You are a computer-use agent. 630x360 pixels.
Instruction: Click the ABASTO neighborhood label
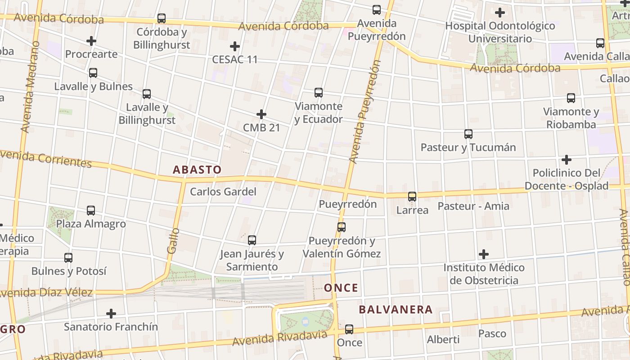(197, 170)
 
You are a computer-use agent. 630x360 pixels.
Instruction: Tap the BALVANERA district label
(396, 310)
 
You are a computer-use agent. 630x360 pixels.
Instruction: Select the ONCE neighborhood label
(341, 288)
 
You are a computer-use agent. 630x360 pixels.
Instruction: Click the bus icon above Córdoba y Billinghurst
(162, 18)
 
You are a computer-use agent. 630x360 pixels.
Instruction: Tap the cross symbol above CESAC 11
(234, 46)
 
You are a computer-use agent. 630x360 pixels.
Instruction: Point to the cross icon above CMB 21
(261, 114)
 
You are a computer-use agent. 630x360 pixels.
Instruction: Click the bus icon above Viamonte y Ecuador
(319, 93)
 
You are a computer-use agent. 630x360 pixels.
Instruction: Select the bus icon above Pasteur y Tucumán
(468, 134)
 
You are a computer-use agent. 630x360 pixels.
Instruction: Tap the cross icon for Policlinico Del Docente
(567, 160)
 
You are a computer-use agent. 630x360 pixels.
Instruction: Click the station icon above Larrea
(412, 196)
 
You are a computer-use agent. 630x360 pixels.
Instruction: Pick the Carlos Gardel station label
(223, 192)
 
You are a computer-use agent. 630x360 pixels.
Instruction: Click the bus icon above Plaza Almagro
(91, 210)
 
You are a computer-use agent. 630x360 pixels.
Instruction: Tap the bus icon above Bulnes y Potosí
(68, 258)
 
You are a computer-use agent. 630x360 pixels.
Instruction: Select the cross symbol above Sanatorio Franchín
(111, 313)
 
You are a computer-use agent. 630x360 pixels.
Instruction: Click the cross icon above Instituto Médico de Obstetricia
(484, 254)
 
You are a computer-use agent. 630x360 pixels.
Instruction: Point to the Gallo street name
(173, 240)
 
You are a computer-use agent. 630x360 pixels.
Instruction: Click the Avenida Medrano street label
(29, 87)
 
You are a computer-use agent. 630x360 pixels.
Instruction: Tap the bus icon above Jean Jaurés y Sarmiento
(252, 240)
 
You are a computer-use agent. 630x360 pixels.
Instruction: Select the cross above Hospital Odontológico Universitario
(499, 13)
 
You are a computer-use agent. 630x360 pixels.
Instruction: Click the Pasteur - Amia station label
(473, 206)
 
